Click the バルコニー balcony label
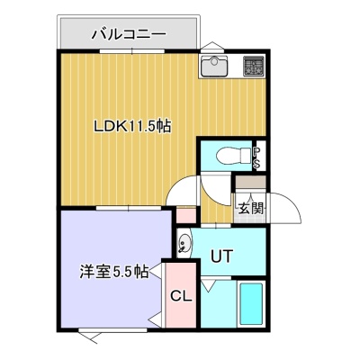tap(129, 34)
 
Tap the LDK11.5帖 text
tap(132, 126)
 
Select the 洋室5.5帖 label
tap(114, 272)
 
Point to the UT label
tap(221, 256)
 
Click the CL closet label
tap(181, 296)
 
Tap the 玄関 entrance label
tap(251, 208)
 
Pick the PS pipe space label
tap(257, 158)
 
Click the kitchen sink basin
tap(214, 66)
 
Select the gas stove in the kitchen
tap(254, 66)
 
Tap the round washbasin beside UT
tap(184, 243)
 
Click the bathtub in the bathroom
tap(251, 304)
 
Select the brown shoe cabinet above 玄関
tap(250, 182)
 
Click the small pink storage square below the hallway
tap(186, 215)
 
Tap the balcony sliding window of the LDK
tap(132, 51)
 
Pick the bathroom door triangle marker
tap(209, 285)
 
